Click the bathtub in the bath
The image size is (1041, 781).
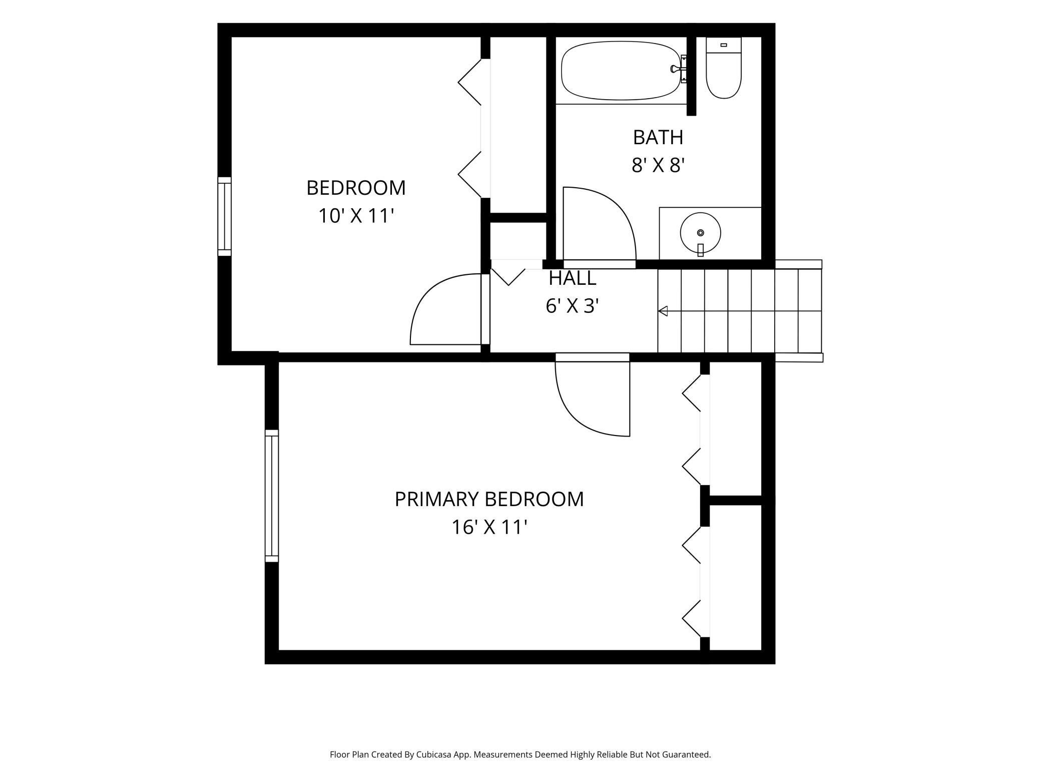coord(621,71)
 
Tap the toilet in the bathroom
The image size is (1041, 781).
coord(723,68)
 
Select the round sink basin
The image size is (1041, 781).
coord(700,233)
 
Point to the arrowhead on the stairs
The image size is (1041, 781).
coord(663,311)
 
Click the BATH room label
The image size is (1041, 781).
coord(658,137)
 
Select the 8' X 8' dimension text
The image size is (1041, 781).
coord(658,165)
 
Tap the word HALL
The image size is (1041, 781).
coord(572,278)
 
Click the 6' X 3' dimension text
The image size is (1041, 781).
coord(572,306)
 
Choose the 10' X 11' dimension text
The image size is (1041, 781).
coord(356,216)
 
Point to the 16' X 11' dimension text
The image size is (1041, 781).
coord(490,527)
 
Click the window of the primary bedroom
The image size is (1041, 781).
coord(271,496)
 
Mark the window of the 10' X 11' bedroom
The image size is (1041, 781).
coord(224,216)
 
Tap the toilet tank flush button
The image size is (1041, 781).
coord(723,45)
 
